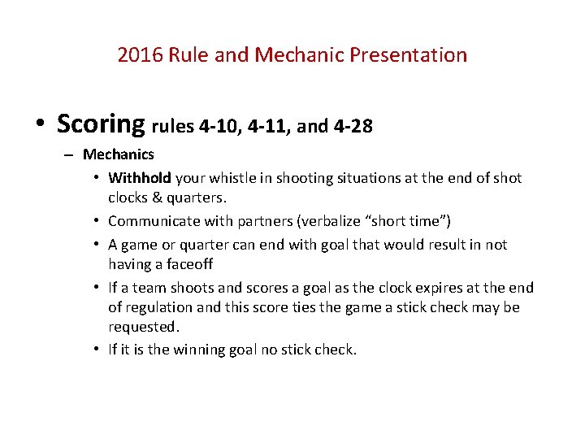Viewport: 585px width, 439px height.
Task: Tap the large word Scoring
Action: point(101,124)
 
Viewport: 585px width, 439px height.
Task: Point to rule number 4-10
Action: point(218,127)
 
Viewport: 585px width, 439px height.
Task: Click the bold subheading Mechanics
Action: point(119,154)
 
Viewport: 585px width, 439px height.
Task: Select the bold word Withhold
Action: point(139,178)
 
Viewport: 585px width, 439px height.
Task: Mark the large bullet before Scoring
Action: point(40,125)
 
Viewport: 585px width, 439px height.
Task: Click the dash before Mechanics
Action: point(68,154)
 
